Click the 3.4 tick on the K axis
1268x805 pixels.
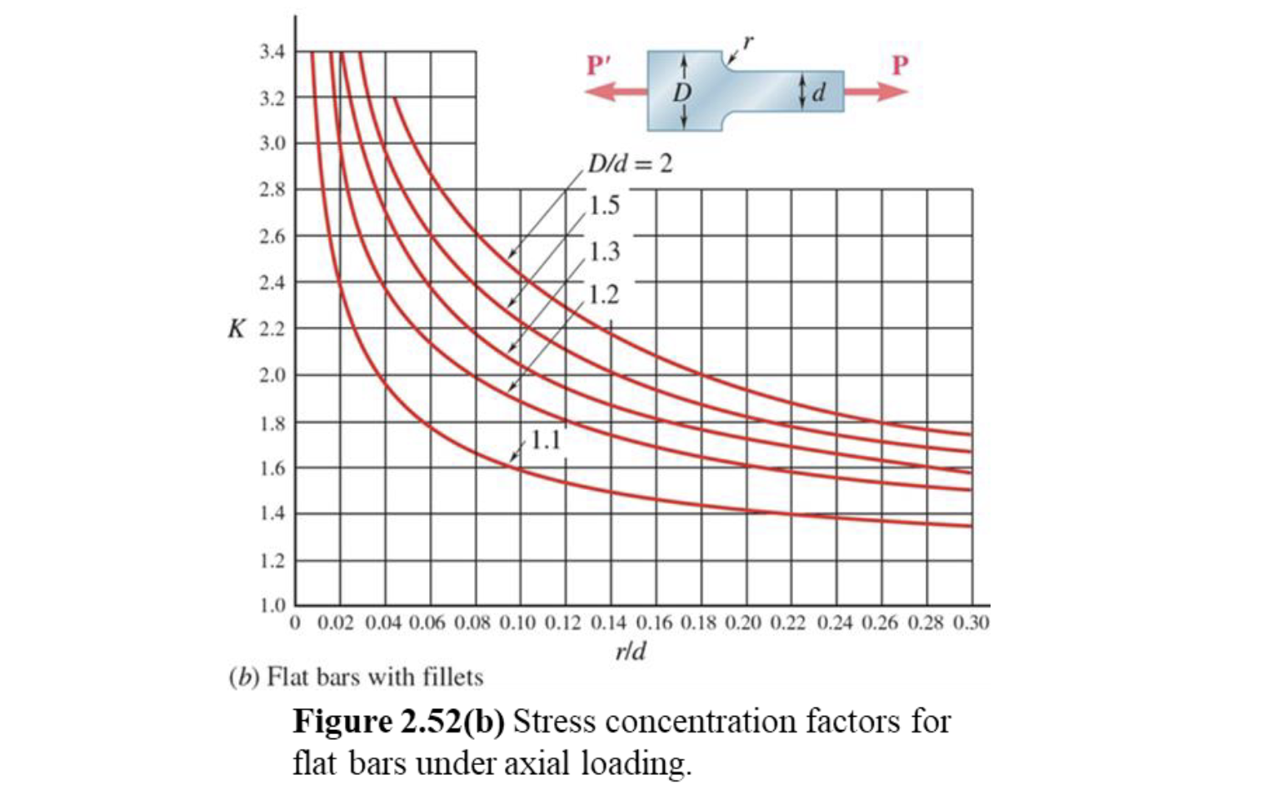pyautogui.click(x=272, y=52)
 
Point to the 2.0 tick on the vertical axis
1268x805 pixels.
pyautogui.click(x=272, y=375)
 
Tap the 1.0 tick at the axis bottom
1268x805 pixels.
pyautogui.click(x=272, y=604)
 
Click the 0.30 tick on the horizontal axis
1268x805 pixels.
pyautogui.click(x=971, y=622)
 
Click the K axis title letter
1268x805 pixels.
pyautogui.click(x=237, y=329)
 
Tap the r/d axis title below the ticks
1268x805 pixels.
pyautogui.click(x=630, y=651)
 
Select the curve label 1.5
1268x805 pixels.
pyautogui.click(x=604, y=205)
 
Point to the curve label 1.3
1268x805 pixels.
pyautogui.click(x=604, y=251)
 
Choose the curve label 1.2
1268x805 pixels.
pyautogui.click(x=604, y=294)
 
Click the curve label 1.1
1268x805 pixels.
pyautogui.click(x=547, y=439)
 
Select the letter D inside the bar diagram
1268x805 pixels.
pyautogui.click(x=681, y=92)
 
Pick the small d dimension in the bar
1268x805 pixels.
pyautogui.click(x=818, y=92)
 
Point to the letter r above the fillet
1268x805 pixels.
pyautogui.click(x=747, y=40)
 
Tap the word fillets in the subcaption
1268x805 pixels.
pyautogui.click(x=452, y=677)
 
